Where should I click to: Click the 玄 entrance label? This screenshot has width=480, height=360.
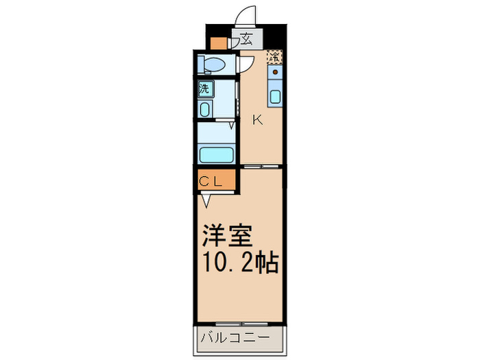point(244,39)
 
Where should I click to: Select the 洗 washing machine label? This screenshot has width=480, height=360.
point(205,88)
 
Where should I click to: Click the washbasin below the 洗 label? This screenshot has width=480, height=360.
point(205,109)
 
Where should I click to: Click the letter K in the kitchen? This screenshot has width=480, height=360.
point(258,120)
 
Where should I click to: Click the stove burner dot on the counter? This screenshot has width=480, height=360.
point(275,71)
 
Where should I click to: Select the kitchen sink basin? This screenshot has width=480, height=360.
point(275,96)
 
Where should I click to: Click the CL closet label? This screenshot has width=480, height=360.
point(213,181)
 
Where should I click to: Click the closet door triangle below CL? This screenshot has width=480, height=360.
point(206,200)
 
